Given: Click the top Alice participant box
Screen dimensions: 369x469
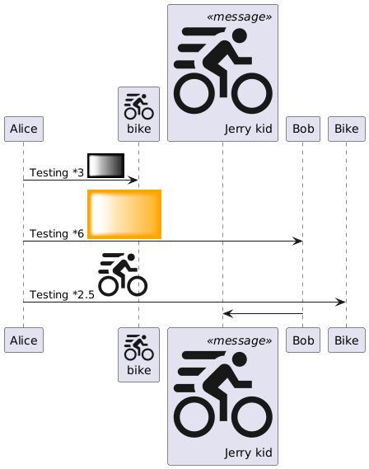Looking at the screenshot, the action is (24, 129).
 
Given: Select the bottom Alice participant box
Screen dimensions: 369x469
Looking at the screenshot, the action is (24, 340).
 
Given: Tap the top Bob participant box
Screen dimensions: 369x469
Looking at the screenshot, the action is (303, 129).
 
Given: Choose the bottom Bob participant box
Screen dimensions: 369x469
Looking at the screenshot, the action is (303, 340).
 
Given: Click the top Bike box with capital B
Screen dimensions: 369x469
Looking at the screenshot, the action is (347, 129).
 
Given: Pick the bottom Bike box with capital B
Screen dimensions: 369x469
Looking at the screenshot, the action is (347, 340).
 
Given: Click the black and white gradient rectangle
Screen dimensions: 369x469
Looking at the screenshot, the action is (105, 166).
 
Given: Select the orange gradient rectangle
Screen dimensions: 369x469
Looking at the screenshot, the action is (124, 214).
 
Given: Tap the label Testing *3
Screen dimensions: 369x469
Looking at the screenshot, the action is (57, 172).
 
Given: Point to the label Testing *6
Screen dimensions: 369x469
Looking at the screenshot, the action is (57, 233).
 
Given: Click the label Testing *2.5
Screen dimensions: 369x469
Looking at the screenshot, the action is (62, 294).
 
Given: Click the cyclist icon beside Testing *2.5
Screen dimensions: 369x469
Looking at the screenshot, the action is (123, 274).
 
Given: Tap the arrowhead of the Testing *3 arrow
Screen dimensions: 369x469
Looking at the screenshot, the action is (133, 180).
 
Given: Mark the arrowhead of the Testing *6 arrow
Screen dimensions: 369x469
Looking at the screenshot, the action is (297, 241).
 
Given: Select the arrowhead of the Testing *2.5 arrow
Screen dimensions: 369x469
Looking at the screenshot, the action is (341, 303).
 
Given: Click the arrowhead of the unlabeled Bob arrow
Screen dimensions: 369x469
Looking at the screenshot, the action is (228, 314).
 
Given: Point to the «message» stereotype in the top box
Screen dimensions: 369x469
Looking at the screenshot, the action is (240, 16).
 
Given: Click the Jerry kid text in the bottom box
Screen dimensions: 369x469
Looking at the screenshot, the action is (248, 453).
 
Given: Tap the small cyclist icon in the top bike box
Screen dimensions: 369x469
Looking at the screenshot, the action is (139, 106).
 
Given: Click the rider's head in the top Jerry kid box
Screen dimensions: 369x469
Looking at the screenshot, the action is (240, 35).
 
